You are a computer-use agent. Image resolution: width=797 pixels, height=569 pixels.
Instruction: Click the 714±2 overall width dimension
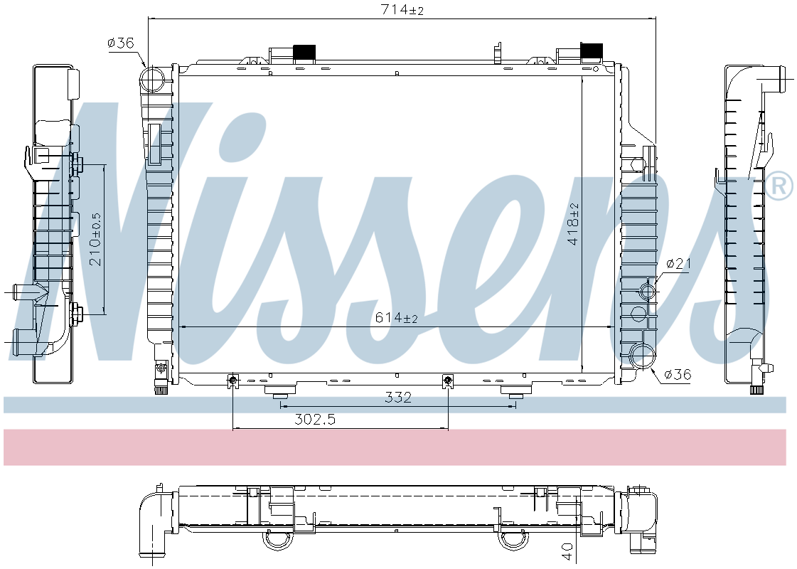pyautogui.click(x=402, y=9)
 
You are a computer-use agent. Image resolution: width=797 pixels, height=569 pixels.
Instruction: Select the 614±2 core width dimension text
pyautogui.click(x=396, y=318)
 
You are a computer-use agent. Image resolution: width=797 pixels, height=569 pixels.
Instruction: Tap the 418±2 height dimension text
pyautogui.click(x=574, y=224)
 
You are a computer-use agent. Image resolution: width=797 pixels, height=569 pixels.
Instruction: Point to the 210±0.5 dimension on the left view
pyautogui.click(x=96, y=239)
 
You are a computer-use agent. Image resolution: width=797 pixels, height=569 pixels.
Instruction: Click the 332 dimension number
pyautogui.click(x=397, y=397)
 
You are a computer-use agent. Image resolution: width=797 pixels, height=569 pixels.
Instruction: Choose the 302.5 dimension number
pyautogui.click(x=315, y=420)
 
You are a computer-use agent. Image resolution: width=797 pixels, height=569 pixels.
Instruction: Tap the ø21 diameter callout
pyautogui.click(x=678, y=263)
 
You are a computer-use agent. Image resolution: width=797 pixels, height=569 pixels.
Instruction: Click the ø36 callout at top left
pyautogui.click(x=120, y=43)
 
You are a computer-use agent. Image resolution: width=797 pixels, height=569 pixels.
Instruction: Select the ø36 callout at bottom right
pyautogui.click(x=678, y=375)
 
